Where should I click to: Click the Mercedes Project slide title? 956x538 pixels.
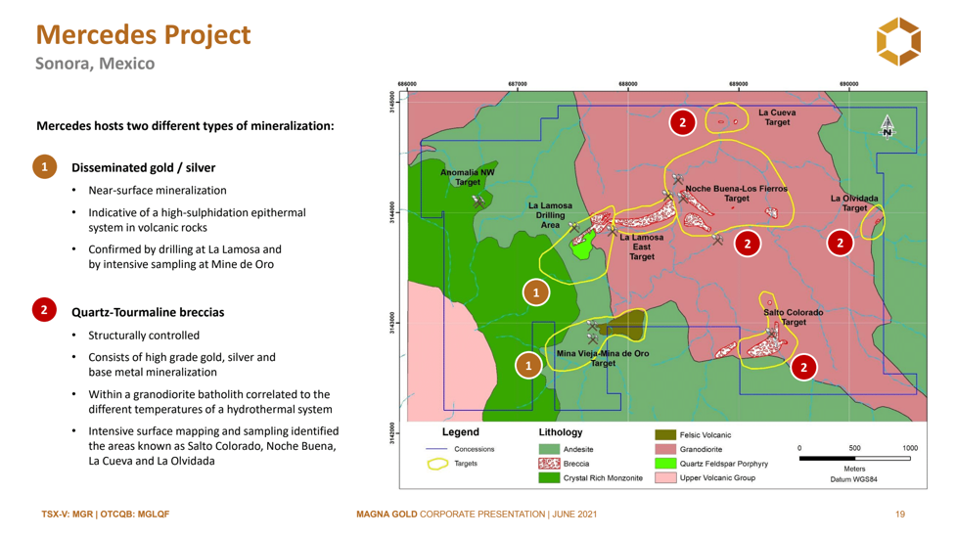[x=143, y=35]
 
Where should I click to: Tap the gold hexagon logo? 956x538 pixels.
[x=898, y=41]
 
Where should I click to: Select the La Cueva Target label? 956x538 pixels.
[x=777, y=117]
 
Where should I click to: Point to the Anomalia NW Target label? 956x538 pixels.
[x=468, y=177]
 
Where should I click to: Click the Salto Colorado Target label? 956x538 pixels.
[x=794, y=317]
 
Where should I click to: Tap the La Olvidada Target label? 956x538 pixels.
[x=854, y=202]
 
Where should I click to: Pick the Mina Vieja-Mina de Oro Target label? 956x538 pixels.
[x=603, y=358]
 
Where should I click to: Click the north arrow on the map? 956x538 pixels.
[x=888, y=127]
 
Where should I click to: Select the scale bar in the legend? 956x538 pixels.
[x=854, y=458]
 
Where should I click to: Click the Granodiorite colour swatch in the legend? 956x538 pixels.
[x=665, y=449]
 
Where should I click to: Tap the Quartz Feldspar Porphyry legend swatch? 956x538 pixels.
[x=665, y=464]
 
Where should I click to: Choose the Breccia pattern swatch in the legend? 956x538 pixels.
[x=549, y=464]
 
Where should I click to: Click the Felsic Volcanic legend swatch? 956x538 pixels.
[x=665, y=434]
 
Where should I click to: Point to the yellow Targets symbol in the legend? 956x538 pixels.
[x=437, y=465]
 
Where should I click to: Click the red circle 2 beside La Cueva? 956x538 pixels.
[x=682, y=122]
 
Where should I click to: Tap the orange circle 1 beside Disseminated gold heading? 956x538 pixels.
[x=44, y=167]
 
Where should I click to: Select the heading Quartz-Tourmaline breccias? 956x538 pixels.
[x=148, y=312]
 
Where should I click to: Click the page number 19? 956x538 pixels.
[x=900, y=515]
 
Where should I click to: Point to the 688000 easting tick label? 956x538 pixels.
[x=627, y=84]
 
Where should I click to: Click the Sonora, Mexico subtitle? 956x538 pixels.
[x=95, y=64]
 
